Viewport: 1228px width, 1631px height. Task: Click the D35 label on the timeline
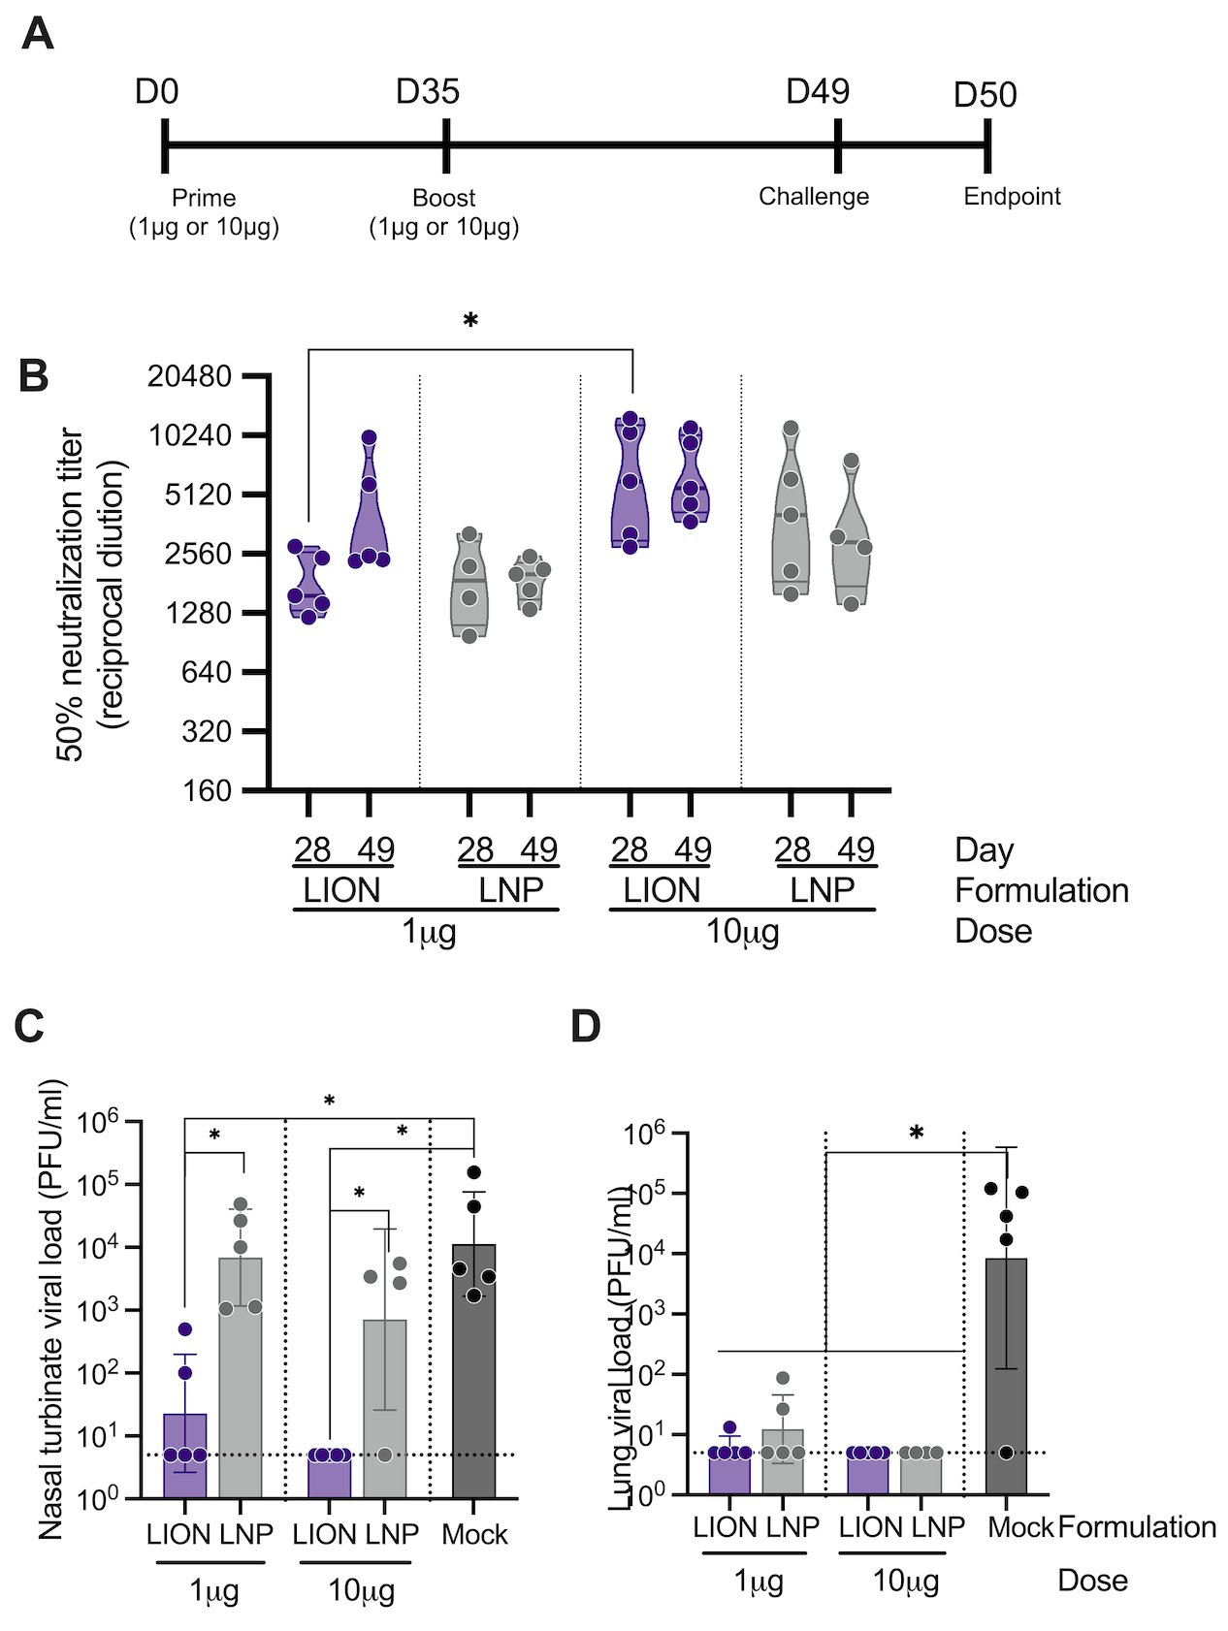tap(427, 92)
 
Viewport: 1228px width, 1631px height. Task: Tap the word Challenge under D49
tap(813, 197)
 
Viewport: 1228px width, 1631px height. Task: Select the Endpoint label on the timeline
tap(1012, 197)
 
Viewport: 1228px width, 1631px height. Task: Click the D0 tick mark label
tap(157, 92)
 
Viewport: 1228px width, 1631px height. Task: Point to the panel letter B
tap(34, 376)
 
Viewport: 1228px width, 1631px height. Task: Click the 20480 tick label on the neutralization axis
tap(189, 376)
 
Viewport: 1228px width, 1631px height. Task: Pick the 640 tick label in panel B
tap(207, 672)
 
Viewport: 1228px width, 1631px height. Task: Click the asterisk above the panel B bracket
tap(470, 321)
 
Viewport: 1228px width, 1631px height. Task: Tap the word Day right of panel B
tap(984, 850)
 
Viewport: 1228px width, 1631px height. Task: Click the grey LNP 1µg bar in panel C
tap(241, 1377)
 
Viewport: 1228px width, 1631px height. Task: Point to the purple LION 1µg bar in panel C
tap(185, 1455)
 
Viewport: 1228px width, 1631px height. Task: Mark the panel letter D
tap(586, 1027)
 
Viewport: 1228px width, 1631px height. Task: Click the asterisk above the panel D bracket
tap(917, 1134)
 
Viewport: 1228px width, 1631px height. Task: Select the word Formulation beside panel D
tap(1136, 1527)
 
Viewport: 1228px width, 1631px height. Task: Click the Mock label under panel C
tap(474, 1535)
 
